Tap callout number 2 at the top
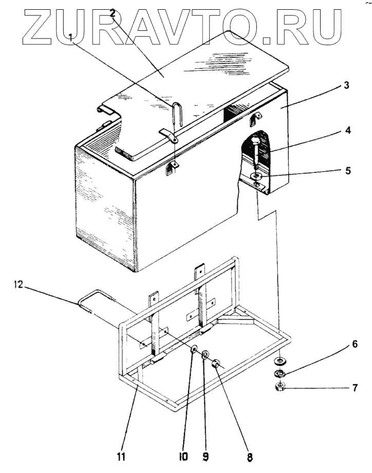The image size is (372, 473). click(x=113, y=14)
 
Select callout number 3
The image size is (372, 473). click(x=347, y=86)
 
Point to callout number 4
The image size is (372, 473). click(x=348, y=131)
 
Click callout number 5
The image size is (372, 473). click(x=348, y=169)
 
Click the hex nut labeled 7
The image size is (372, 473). click(x=280, y=386)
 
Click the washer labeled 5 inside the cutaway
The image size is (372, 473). click(x=256, y=176)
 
